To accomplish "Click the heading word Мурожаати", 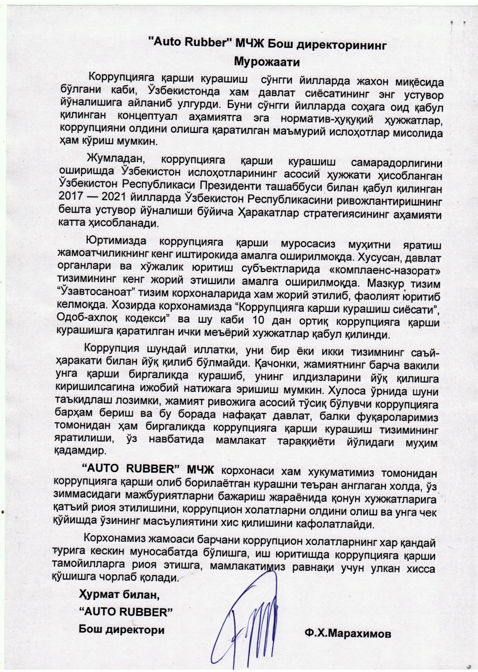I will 267,61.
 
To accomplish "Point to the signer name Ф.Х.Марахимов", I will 348,634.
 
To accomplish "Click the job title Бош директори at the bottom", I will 121,629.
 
